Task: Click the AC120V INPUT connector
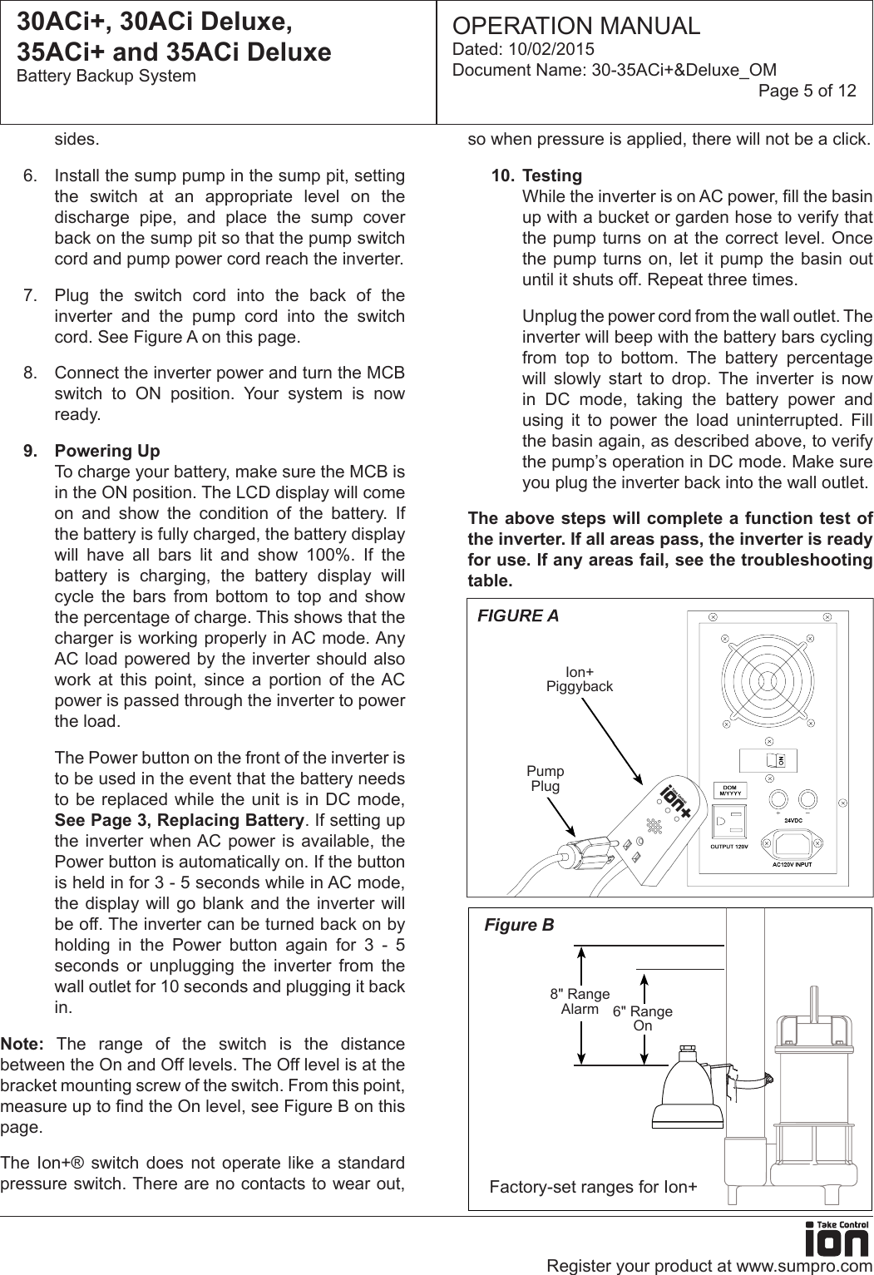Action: click(x=792, y=846)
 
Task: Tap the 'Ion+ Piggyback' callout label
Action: click(x=580, y=680)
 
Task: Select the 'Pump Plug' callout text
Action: click(x=546, y=778)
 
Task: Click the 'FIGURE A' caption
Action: click(x=518, y=616)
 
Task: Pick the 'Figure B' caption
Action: click(x=519, y=925)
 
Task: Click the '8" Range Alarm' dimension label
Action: click(x=580, y=1001)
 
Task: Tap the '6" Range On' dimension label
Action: click(x=643, y=1018)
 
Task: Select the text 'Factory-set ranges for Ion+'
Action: click(x=594, y=1187)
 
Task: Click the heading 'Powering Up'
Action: click(x=107, y=451)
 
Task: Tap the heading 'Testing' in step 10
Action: click(x=552, y=175)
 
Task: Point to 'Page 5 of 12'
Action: click(x=807, y=91)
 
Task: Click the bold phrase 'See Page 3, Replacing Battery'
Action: click(x=179, y=820)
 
